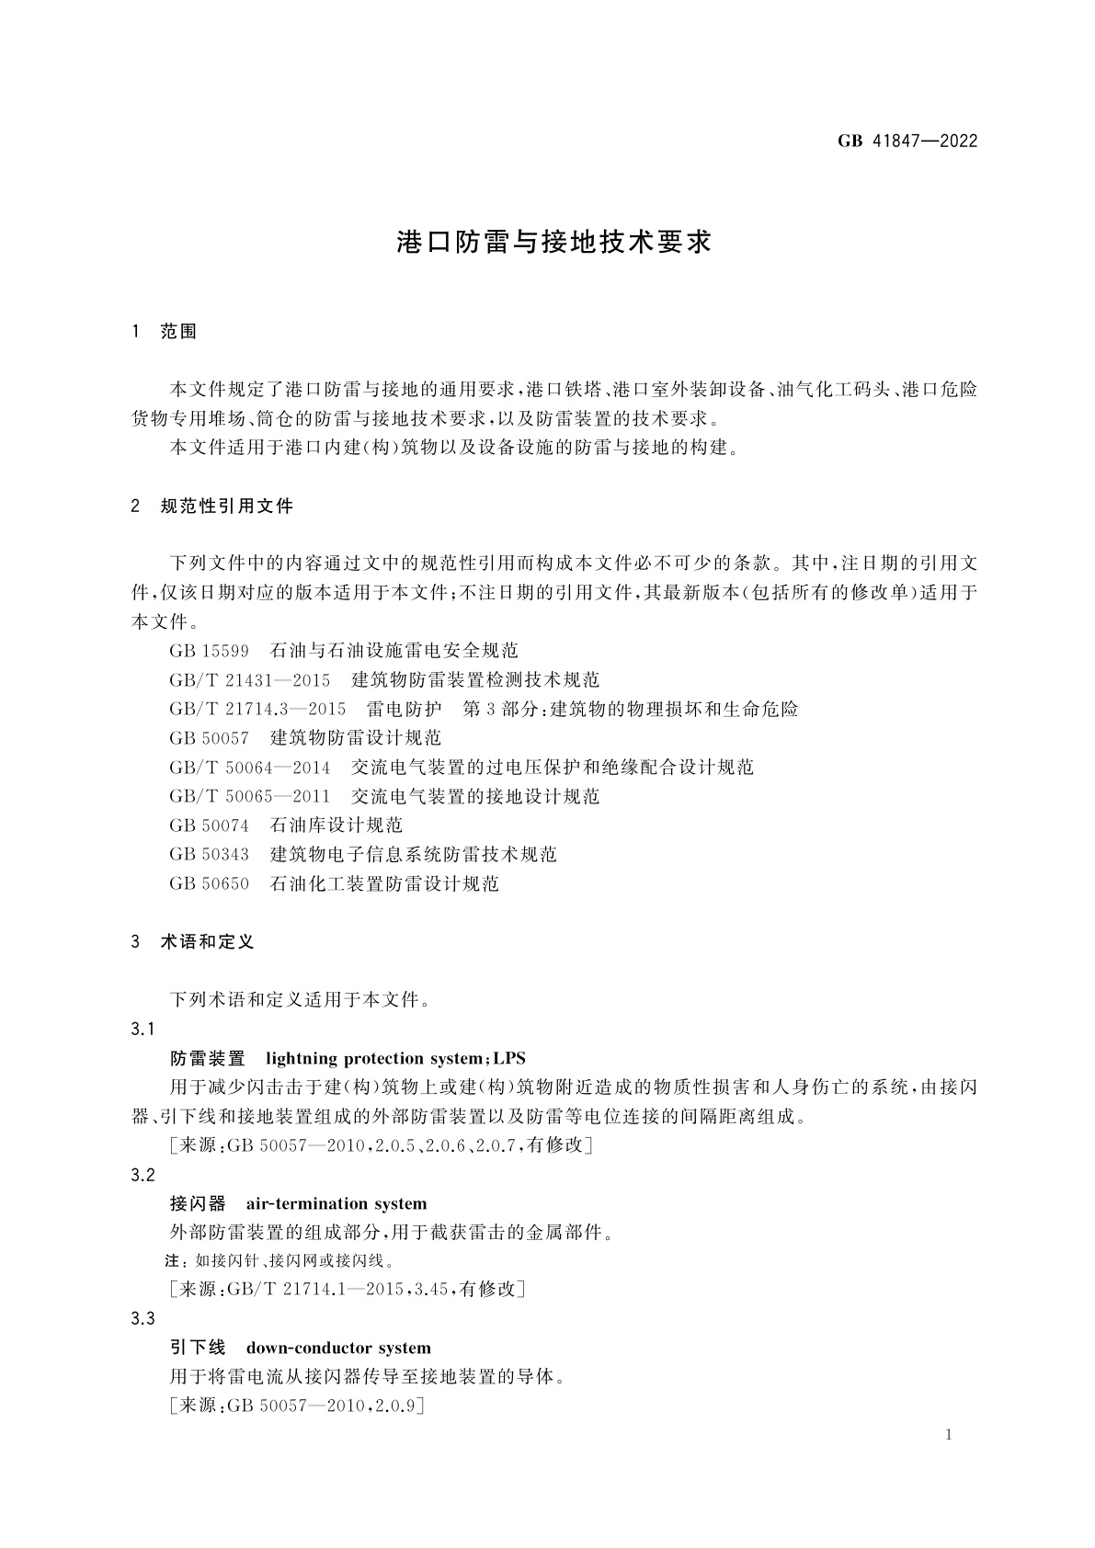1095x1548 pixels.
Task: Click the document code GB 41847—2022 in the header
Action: click(907, 142)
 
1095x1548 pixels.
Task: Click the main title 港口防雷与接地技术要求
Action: click(553, 243)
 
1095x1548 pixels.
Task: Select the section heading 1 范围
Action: click(165, 332)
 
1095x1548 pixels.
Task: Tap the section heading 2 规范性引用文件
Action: click(212, 507)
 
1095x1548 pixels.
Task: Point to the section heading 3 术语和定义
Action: click(193, 942)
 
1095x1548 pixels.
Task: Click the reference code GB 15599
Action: click(209, 651)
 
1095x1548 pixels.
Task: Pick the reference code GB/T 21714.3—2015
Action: click(257, 710)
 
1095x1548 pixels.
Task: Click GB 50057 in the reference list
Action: click(209, 738)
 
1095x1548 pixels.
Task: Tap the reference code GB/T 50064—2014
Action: click(250, 768)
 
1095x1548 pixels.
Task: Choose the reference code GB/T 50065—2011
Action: click(250, 797)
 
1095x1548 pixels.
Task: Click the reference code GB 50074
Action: click(209, 825)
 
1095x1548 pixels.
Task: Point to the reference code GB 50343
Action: click(209, 855)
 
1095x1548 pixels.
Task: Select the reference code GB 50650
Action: click(209, 884)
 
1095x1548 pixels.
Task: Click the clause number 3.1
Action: click(143, 1030)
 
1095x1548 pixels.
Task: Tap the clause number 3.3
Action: click(143, 1319)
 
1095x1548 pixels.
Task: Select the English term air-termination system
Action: click(336, 1204)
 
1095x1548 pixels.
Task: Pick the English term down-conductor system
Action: click(338, 1349)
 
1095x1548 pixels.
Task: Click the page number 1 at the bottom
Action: click(949, 1436)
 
